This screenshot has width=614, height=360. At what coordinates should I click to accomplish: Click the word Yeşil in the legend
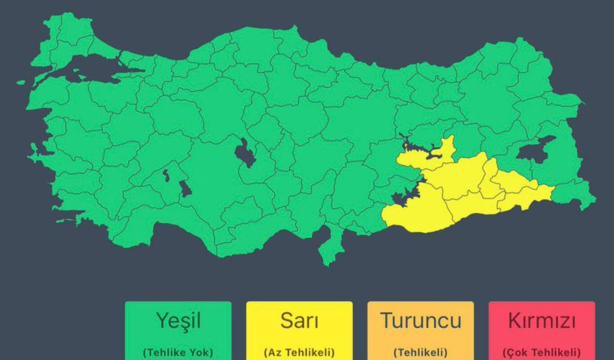tap(178, 321)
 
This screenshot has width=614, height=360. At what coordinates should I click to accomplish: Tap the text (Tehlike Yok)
tap(178, 352)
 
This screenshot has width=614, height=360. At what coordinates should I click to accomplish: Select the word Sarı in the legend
tap(299, 321)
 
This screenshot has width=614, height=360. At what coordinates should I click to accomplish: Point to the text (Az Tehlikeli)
tap(299, 352)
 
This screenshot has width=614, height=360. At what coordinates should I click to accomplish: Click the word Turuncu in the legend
tap(421, 321)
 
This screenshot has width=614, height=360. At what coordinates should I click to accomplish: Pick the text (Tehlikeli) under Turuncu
tap(421, 352)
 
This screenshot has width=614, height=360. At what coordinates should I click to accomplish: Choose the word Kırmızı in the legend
tap(542, 321)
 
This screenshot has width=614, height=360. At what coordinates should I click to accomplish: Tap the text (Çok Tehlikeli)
tap(542, 352)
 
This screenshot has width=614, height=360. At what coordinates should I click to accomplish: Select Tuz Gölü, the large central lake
tap(245, 153)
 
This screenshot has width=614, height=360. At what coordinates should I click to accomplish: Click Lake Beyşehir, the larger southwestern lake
tap(185, 189)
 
